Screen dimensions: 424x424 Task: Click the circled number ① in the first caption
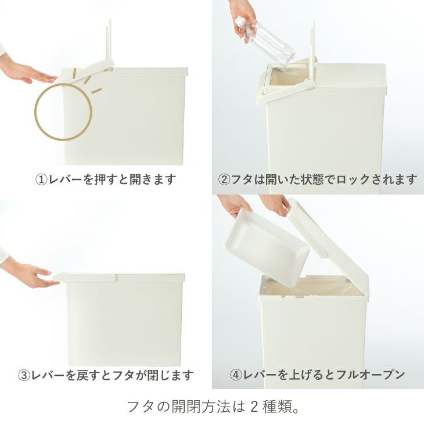click(x=41, y=179)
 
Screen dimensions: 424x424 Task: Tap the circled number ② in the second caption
click(x=224, y=179)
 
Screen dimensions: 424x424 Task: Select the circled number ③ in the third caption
click(x=24, y=375)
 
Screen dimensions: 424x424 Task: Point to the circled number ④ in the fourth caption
click(x=236, y=375)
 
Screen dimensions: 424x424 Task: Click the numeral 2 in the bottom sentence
click(x=254, y=407)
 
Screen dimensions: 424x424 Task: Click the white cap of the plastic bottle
click(x=239, y=23)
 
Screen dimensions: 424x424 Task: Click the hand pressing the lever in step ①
click(x=26, y=71)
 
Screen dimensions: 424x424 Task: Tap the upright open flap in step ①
click(x=109, y=41)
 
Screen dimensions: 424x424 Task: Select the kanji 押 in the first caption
click(x=100, y=179)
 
